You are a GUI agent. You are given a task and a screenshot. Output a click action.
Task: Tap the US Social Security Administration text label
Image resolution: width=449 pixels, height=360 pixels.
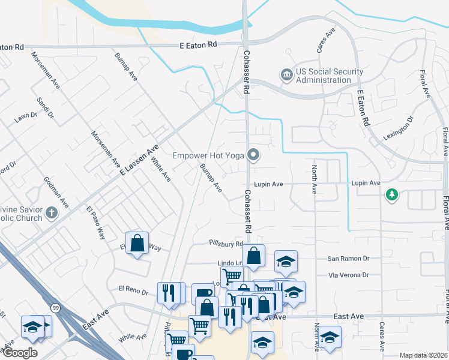[322, 76]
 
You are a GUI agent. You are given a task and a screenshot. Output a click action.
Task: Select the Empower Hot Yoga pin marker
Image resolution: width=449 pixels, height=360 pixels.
[254, 155]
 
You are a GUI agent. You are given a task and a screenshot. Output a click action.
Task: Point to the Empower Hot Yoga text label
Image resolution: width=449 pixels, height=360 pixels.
[208, 155]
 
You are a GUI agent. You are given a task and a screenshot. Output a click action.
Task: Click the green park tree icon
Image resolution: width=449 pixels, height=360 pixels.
[392, 194]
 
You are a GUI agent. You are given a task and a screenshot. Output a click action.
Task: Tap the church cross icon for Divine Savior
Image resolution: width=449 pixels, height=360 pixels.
[52, 212]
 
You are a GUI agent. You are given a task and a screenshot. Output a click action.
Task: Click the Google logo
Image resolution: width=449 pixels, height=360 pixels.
[19, 353]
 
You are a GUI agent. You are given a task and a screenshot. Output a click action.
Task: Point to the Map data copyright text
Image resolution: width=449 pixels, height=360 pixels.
[423, 355]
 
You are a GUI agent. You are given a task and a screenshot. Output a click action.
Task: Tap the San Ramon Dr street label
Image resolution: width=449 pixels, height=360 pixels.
[348, 258]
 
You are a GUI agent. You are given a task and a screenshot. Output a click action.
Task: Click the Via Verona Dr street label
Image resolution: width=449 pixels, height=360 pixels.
[348, 275]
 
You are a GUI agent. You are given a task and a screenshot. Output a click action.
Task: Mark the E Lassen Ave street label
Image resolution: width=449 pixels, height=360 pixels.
[139, 160]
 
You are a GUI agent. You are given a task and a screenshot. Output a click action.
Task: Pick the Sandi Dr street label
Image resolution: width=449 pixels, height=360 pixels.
[45, 109]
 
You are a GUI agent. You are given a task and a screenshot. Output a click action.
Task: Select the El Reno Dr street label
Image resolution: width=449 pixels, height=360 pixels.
[133, 291]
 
